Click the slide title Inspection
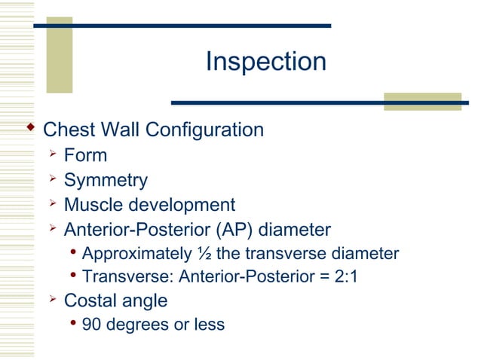pyautogui.click(x=266, y=62)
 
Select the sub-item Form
pyautogui.click(x=85, y=156)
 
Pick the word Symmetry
pyautogui.click(x=106, y=181)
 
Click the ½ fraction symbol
pyautogui.click(x=204, y=253)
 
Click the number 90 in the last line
pyautogui.click(x=92, y=325)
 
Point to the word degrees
pyautogui.click(x=139, y=325)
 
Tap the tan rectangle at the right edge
pyautogui.click(x=421, y=102)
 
